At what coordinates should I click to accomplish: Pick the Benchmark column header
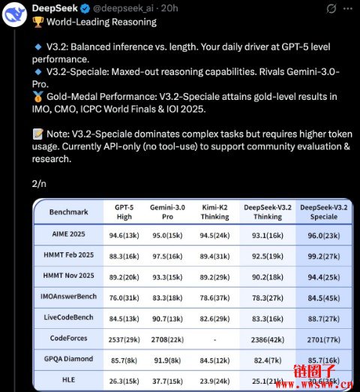point(68,212)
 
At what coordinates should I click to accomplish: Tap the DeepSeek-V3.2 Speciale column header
point(325,212)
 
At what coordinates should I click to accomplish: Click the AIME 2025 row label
point(68,234)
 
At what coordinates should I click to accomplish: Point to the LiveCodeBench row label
point(68,318)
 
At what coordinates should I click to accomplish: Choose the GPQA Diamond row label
point(68,359)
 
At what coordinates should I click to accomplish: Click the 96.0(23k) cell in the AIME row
point(325,234)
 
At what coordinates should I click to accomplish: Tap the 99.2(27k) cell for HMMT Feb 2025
point(325,255)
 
